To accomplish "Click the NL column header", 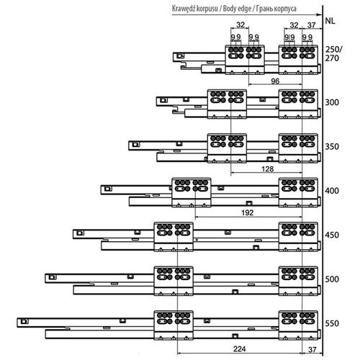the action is pos(330,21).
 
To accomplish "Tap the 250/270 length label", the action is pos(333,54).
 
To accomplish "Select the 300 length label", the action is pos(332,102).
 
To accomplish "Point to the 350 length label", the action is pos(332,147).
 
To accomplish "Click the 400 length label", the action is pos(332,191).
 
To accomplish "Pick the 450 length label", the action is pos(332,235).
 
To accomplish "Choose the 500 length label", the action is pos(332,279).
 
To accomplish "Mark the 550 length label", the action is pos(332,323).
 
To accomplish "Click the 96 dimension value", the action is pos(275,81).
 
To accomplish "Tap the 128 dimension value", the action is pos(268,169).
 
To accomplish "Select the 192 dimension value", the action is pos(248,212).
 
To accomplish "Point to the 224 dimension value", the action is pos(239,348).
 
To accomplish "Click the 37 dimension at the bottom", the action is pos(312,349).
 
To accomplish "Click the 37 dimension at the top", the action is pos(311,25).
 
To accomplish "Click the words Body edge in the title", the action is pos(237,9).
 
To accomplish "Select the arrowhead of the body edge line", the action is pos(320,14).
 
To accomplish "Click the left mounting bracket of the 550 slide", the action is pos(174,325).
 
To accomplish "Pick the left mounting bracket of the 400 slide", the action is pos(192,192).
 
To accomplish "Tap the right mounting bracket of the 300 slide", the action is pos(298,104).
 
